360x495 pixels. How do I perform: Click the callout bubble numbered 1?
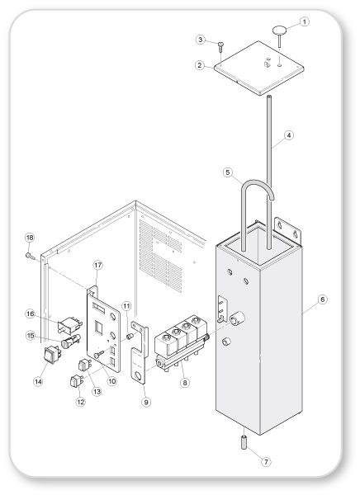tap(304, 21)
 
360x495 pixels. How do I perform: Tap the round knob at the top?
tap(279, 31)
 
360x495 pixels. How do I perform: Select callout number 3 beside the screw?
tap(201, 40)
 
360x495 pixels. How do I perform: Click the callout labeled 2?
tap(200, 65)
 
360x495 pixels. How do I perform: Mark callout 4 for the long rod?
tap(288, 135)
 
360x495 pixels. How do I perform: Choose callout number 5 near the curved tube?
tap(228, 172)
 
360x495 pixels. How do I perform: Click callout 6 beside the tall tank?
tap(322, 299)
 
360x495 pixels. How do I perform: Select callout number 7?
tap(266, 462)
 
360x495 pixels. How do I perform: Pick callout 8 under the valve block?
tap(185, 383)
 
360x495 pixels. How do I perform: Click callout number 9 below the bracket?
tap(145, 403)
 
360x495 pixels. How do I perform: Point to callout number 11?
tap(126, 306)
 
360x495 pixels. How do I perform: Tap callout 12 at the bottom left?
tap(81, 402)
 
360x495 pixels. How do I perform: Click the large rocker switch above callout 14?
tap(51, 354)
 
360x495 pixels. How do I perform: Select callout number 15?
tap(31, 336)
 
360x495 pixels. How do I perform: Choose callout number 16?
tap(31, 313)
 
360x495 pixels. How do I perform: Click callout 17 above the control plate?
tap(98, 265)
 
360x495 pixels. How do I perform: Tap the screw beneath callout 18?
tap(31, 257)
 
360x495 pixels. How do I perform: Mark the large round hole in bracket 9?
tap(138, 375)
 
